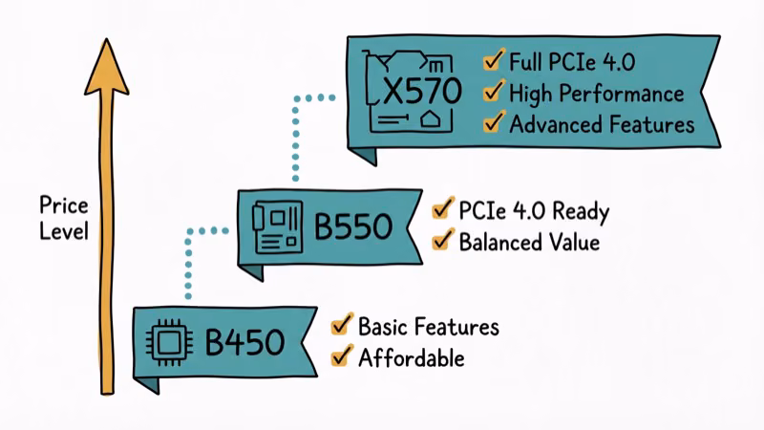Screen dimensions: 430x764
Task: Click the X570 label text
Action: tap(422, 92)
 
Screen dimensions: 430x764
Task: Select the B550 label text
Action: tap(353, 228)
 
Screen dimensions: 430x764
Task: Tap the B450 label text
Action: tap(244, 342)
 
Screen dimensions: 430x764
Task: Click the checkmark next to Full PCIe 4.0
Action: tap(494, 62)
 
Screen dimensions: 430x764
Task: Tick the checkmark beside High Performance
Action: tap(494, 92)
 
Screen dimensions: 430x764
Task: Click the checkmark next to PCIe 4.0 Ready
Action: tap(442, 209)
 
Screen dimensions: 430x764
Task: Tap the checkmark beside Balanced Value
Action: tap(442, 240)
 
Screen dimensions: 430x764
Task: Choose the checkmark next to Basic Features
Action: tap(341, 326)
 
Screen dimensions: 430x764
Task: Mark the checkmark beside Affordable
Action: tap(341, 356)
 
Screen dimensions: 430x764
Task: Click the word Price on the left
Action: tap(63, 204)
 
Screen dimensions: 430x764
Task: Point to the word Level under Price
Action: tap(63, 231)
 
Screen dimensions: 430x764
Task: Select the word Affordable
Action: tap(411, 358)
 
